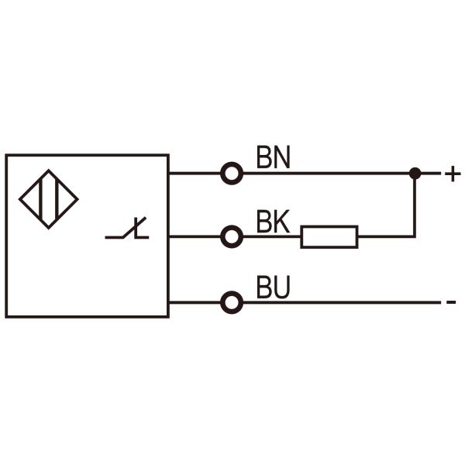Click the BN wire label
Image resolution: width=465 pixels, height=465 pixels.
tap(273, 158)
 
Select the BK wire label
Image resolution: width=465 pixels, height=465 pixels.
tap(272, 222)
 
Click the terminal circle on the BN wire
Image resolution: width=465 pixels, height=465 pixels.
tap(232, 174)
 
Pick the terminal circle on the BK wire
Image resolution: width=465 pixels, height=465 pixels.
tap(232, 237)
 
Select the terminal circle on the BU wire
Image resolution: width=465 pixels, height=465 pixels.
tap(232, 302)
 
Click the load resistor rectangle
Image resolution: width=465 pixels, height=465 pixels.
tap(329, 237)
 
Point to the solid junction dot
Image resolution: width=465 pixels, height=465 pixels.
tap(415, 174)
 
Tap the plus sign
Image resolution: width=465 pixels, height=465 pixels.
tap(452, 174)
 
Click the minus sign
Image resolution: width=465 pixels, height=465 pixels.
tap(452, 302)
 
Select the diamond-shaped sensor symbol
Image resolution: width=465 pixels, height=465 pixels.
tap(48, 199)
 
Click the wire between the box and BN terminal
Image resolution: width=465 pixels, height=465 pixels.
tap(194, 174)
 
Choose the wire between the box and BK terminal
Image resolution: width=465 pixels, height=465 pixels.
tap(194, 237)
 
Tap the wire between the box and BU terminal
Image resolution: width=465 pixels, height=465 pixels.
tap(194, 302)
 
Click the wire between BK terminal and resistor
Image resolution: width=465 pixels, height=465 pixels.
tap(271, 237)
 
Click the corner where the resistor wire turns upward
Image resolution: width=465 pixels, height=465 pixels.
tap(415, 237)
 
